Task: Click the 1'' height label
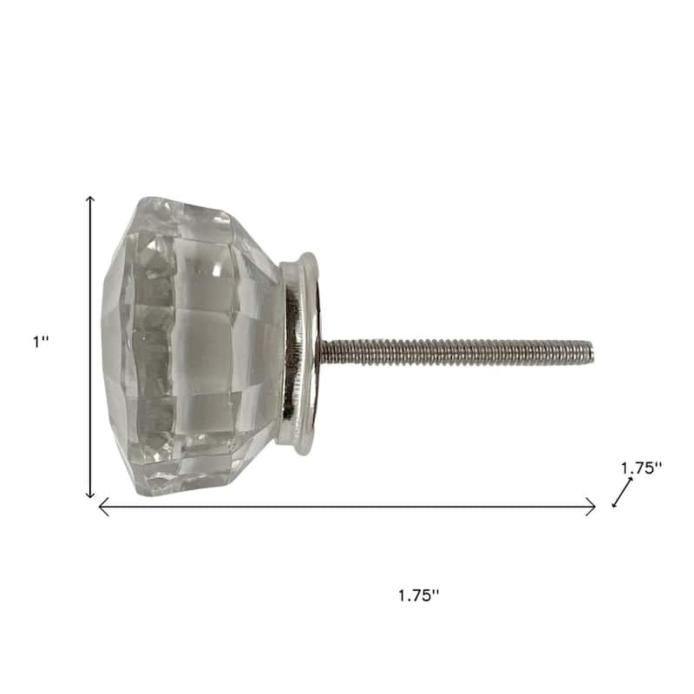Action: pos(41,342)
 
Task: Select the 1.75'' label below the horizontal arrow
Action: pos(419,595)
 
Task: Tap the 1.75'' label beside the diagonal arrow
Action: pos(642,468)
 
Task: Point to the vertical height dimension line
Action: pos(90,347)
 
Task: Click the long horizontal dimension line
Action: pos(347,507)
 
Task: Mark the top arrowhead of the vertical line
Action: pos(90,200)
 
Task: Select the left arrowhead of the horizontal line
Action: pos(102,507)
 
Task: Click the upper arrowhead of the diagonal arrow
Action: pos(632,479)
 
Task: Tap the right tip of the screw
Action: pos(592,350)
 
